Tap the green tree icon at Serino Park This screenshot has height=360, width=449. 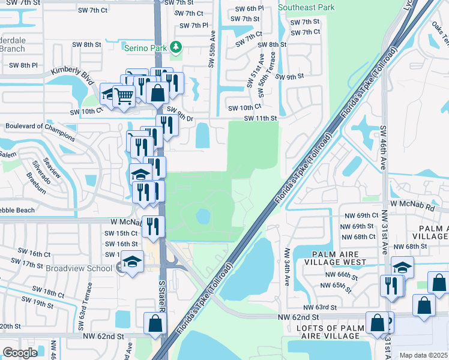tap(175, 46)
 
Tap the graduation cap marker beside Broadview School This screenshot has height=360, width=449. tap(131, 262)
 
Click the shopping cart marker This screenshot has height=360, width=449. tap(123, 95)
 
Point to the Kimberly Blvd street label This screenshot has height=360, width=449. tap(73, 75)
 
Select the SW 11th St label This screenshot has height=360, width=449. tap(260, 119)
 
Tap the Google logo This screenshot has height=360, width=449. tap(20, 353)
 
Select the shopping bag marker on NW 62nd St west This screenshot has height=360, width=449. tap(155, 323)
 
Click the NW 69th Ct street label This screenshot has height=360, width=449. tap(358, 215)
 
